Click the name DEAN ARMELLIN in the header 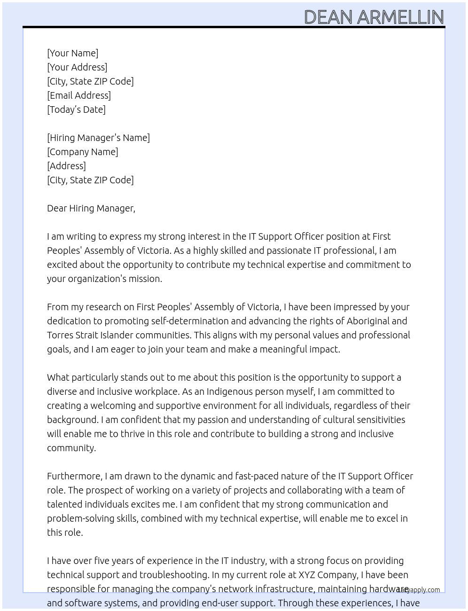(x=374, y=17)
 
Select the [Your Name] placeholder (x=72, y=53)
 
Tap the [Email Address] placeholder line (x=79, y=95)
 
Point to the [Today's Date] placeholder (x=76, y=110)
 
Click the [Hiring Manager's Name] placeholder (x=98, y=138)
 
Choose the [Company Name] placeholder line (x=82, y=152)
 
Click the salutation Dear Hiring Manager (x=91, y=208)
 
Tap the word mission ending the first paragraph (x=143, y=279)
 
